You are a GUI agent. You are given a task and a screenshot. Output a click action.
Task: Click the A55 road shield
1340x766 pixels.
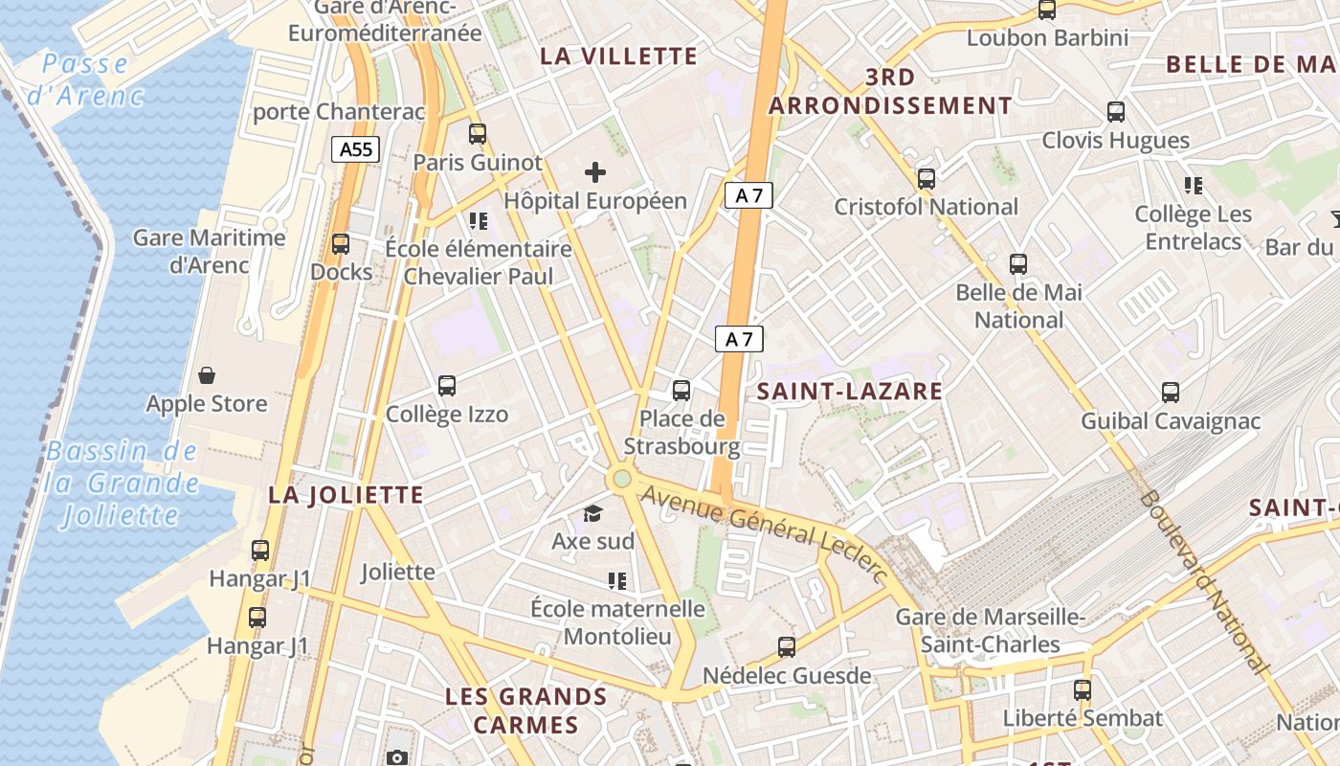pos(356,148)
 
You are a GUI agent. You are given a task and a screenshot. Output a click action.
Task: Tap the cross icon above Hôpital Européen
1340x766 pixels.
pos(595,172)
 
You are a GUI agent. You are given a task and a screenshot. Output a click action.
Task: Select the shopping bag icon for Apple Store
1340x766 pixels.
pos(206,374)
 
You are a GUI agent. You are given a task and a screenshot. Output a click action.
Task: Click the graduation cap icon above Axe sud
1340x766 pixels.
pos(593,513)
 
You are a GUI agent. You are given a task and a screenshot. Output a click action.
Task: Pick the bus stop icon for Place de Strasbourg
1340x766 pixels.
pos(681,390)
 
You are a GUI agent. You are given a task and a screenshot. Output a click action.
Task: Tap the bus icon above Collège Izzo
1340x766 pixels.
pos(447,386)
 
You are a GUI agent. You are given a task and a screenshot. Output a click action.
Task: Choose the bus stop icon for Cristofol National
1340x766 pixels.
pos(926,178)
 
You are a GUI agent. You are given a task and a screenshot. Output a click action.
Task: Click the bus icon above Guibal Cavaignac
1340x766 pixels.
pos(1171,392)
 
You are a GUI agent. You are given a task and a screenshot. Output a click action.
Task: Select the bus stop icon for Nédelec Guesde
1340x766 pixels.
pos(787,646)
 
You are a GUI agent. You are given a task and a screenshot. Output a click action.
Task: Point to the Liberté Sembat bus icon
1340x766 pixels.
pos(1083,689)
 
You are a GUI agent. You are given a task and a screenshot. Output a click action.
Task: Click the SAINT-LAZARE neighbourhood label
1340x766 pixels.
pos(850,391)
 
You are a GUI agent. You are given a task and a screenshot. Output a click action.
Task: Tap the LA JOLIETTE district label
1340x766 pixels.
pos(346,495)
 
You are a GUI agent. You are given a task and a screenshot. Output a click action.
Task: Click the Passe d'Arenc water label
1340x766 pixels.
pos(85,79)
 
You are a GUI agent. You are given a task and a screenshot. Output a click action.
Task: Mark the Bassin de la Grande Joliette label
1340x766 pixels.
pos(122,484)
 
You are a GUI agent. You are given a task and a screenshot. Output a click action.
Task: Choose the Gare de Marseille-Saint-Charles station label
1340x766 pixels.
pos(991,630)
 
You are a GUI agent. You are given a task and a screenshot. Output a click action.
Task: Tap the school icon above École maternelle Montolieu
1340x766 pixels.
pos(617,580)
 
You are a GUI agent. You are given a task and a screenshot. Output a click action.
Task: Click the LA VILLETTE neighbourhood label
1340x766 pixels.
pos(619,56)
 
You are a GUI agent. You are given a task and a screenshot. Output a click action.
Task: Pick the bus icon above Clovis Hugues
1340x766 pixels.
pos(1116,111)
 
